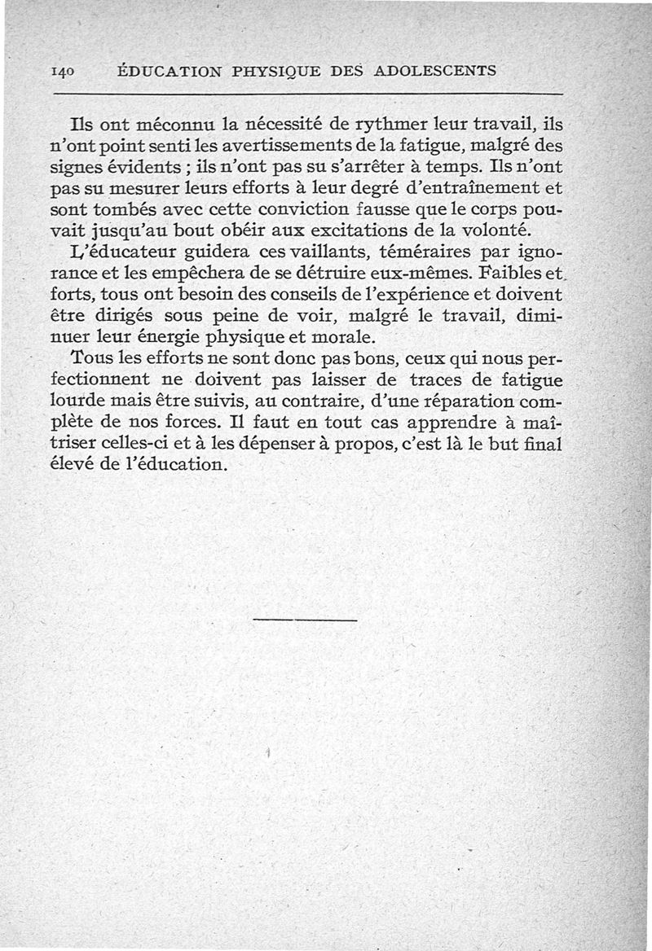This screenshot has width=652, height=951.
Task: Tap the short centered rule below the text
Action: (305, 621)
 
